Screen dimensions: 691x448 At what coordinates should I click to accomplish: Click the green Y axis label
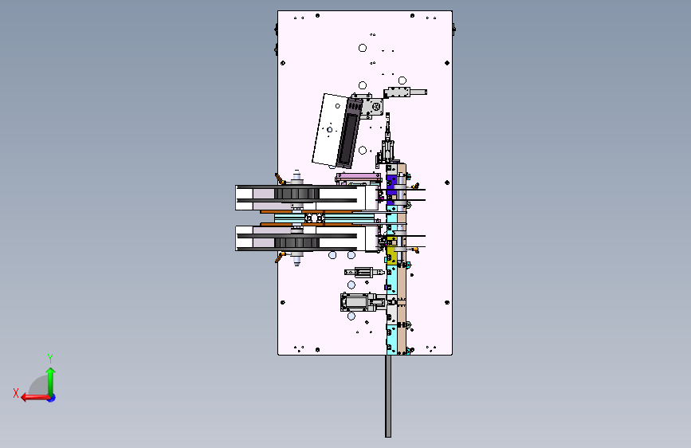coord(50,358)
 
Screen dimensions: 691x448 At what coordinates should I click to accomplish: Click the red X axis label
coord(16,393)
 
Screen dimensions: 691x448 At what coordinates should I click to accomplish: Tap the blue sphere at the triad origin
coord(52,398)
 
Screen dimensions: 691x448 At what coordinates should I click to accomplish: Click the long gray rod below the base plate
coord(388,396)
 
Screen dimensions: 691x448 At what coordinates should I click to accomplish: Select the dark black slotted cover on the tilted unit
coord(349,132)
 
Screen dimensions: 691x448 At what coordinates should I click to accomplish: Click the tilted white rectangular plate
coord(328,129)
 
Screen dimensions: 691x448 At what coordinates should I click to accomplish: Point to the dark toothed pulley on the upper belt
coord(296,194)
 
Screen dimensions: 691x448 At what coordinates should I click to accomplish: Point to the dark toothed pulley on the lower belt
coord(296,242)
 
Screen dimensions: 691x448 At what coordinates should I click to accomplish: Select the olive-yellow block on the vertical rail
coord(391,253)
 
